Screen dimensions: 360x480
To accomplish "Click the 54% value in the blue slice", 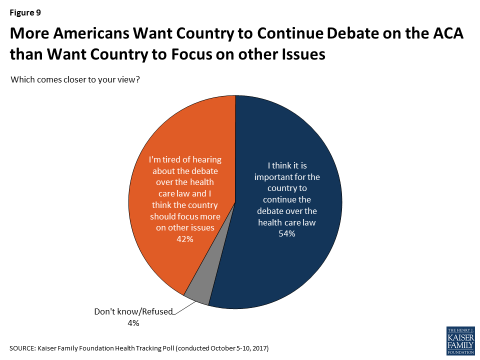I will click(x=287, y=233).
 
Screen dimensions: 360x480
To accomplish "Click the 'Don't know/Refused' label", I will click(x=133, y=311).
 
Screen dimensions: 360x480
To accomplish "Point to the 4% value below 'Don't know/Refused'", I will click(x=132, y=323).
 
